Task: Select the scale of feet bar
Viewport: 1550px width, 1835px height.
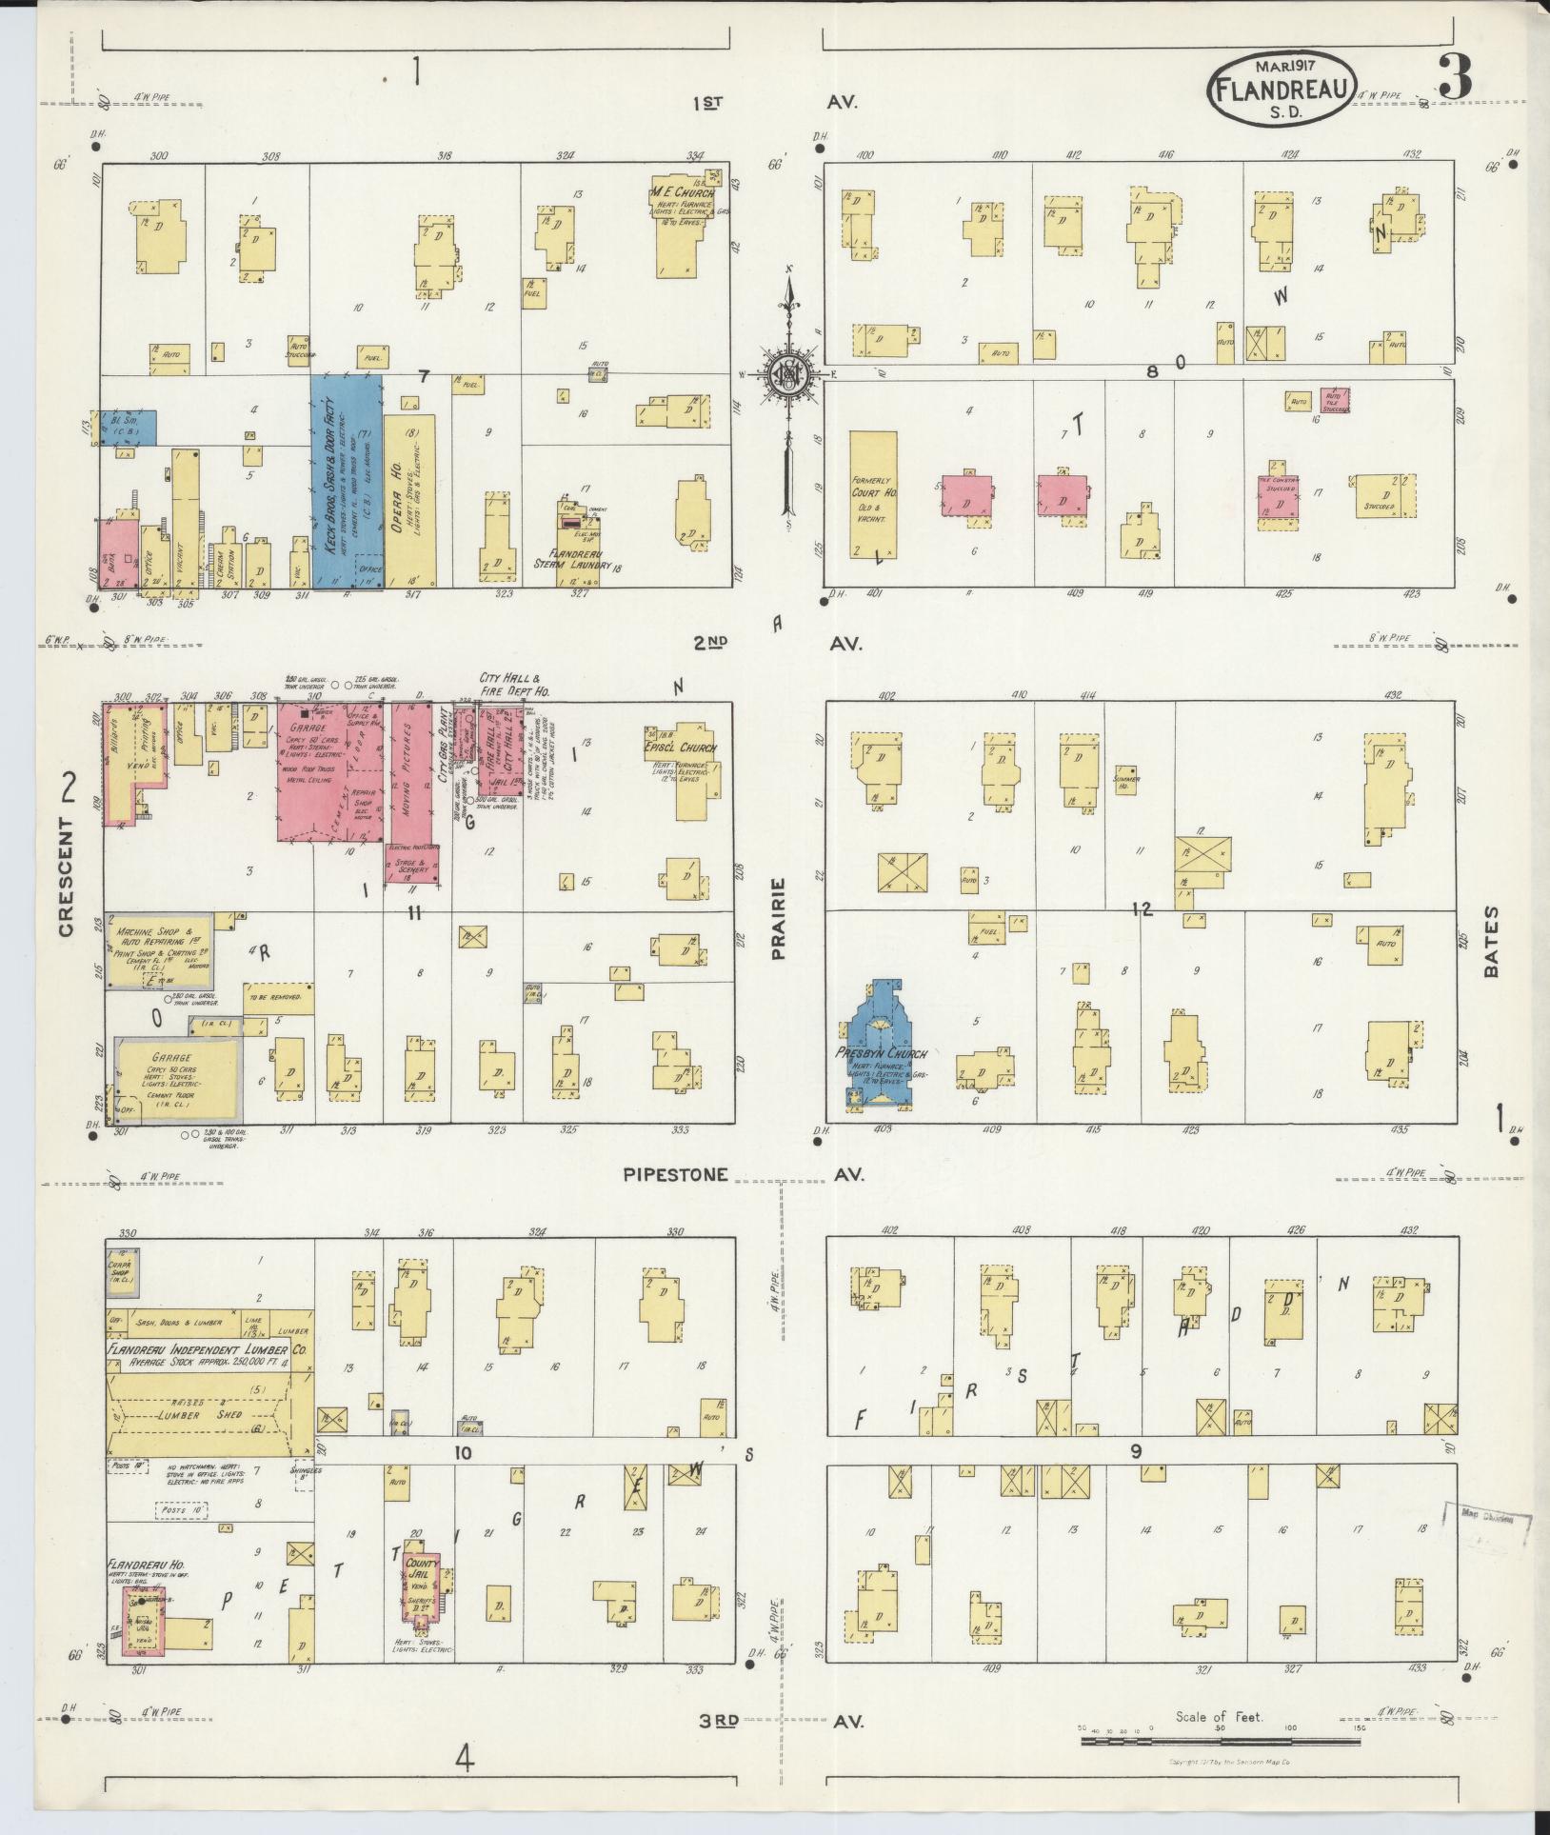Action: [x=1220, y=1742]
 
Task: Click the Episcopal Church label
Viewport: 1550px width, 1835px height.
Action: [x=680, y=748]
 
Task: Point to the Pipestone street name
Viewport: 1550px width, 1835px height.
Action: [x=675, y=1174]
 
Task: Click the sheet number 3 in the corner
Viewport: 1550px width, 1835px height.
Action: [x=1456, y=75]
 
